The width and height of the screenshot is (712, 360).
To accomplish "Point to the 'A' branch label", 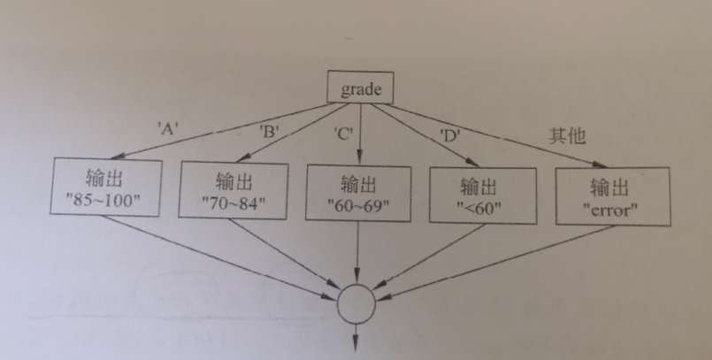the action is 168,126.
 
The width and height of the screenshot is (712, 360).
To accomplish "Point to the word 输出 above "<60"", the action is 478,187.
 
